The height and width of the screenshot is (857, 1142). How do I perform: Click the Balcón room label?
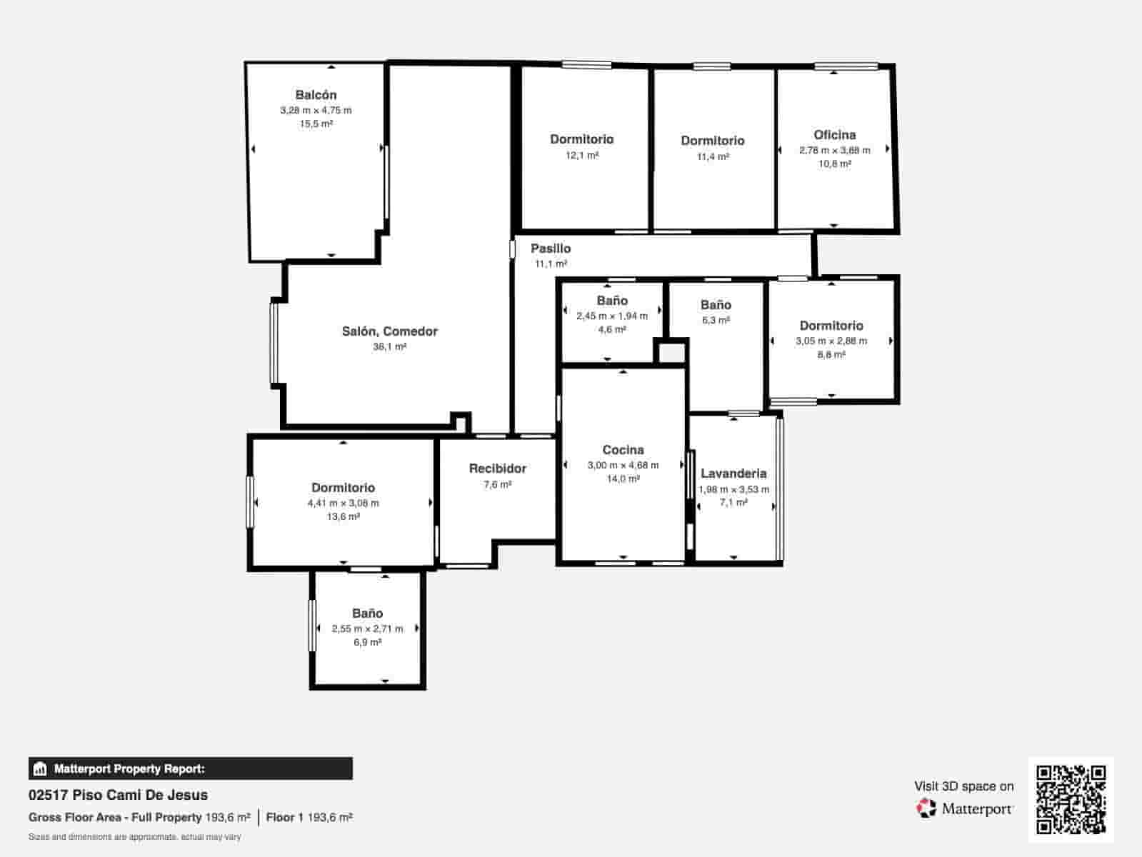316,95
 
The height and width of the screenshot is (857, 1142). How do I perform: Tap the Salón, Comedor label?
390,332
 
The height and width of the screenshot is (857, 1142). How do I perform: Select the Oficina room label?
834,135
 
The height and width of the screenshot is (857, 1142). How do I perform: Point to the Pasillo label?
551,249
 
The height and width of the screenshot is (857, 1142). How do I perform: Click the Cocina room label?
623,450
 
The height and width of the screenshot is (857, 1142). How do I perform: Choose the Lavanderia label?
733,473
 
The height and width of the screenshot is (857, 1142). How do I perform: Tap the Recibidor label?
498,468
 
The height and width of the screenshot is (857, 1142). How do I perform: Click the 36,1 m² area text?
390,347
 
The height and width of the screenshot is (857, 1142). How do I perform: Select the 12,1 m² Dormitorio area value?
582,156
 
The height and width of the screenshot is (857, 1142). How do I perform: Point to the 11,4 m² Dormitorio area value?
713,156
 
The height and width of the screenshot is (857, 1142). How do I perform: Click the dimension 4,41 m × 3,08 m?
344,503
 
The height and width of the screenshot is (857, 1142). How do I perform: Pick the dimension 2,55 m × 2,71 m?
367,628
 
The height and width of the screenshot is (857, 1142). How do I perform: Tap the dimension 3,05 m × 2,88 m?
831,341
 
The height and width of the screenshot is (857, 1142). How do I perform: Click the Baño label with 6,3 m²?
716,305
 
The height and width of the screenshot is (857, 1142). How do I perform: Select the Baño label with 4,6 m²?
612,301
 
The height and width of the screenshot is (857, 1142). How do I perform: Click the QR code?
1071,800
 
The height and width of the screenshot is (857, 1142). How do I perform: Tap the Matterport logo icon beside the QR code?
926,808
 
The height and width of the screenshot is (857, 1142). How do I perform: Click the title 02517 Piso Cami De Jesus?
118,795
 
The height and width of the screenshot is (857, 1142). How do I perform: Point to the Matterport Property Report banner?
191,768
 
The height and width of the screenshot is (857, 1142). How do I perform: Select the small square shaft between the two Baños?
671,354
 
